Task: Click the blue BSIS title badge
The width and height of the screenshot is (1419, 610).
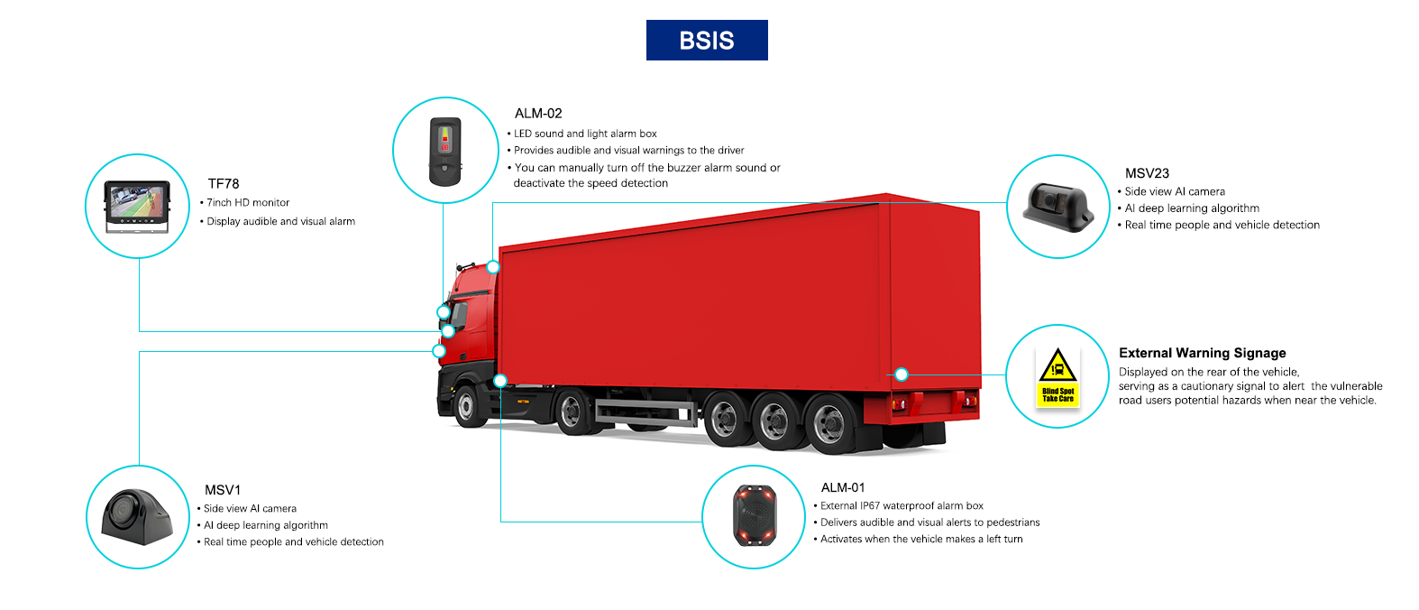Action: coord(707,41)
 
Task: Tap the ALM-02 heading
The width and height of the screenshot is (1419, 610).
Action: coord(538,114)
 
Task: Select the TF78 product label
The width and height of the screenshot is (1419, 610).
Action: coord(224,184)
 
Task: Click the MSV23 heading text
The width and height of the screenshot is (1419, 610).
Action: coord(1147,173)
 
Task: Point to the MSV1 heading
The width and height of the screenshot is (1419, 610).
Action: coord(223,490)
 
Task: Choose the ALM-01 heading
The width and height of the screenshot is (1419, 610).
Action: coord(843,488)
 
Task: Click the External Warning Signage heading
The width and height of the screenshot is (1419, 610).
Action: coord(1202,353)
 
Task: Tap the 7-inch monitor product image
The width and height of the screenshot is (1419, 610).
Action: coord(137,207)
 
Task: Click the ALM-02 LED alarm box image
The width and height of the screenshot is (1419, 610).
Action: coord(444,151)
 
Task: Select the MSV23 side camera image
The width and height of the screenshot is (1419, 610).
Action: coord(1057,208)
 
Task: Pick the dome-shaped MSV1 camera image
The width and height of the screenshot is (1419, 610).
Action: coord(136,517)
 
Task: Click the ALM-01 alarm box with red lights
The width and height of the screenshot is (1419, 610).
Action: coord(754,517)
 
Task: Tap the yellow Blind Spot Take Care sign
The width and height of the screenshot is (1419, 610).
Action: coord(1057,376)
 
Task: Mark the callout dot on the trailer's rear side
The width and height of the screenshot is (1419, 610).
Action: coord(901,374)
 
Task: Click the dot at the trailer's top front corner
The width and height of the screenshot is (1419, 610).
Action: coord(493,267)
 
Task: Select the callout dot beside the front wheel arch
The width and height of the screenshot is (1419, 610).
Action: coord(500,381)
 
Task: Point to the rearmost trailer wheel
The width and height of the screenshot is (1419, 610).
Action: coord(828,422)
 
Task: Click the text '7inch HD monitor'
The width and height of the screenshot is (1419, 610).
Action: coord(248,203)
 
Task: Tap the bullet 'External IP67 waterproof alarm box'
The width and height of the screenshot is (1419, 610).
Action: coord(902,506)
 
